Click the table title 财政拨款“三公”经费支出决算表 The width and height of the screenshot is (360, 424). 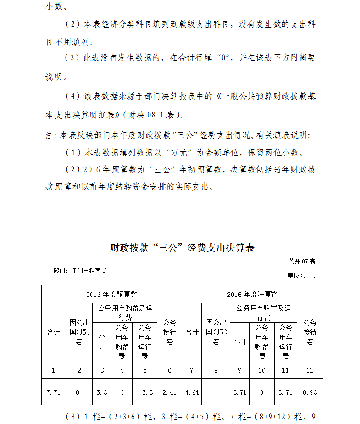point(182,248)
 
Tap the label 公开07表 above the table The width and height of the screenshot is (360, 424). point(302,261)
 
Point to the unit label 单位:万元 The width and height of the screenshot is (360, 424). point(301,275)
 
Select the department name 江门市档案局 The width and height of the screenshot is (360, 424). point(89,271)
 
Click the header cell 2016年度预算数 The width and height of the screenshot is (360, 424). point(111,294)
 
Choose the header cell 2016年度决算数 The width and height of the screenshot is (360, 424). point(252,294)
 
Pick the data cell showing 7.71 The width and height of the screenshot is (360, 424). point(54,392)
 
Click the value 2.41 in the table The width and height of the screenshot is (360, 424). point(170,392)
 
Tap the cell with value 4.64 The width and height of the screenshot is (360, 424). point(192,392)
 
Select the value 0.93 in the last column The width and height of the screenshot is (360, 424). point(310,392)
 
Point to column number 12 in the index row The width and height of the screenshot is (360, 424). point(310,370)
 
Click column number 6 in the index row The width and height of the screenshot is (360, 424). point(170,370)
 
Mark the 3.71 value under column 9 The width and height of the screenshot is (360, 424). point(240,392)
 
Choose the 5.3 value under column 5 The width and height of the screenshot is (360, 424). point(145,392)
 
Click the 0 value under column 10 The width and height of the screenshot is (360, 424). point(262,392)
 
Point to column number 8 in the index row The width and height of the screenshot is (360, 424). point(216,370)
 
